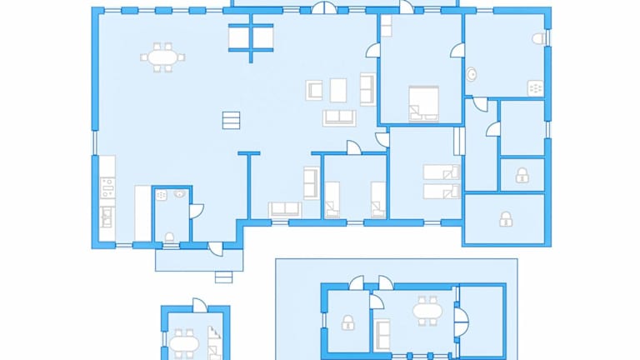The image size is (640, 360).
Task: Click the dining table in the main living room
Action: (162, 57)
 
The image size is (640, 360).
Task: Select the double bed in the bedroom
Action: (423, 103)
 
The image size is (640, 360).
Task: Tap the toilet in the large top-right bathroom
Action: (538, 39)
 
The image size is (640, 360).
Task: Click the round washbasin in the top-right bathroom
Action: (472, 74)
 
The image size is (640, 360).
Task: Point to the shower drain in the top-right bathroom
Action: (535, 87)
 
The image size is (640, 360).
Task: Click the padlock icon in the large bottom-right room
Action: (505, 219)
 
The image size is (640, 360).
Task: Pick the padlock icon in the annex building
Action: (347, 322)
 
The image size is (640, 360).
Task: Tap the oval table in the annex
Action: (427, 312)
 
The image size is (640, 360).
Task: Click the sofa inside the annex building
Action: (382, 334)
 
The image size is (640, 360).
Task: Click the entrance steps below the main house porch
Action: (223, 277)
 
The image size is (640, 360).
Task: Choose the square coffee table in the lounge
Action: (338, 89)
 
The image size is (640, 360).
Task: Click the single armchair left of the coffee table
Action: (314, 89)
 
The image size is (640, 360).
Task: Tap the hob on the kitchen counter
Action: (107, 187)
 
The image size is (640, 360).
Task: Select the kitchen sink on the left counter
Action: (106, 218)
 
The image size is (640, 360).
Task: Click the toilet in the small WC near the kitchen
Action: (170, 237)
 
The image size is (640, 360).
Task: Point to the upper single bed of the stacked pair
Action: (442, 172)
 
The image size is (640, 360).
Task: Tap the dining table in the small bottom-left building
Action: (184, 342)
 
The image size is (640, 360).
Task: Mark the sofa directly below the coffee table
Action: (339, 117)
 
